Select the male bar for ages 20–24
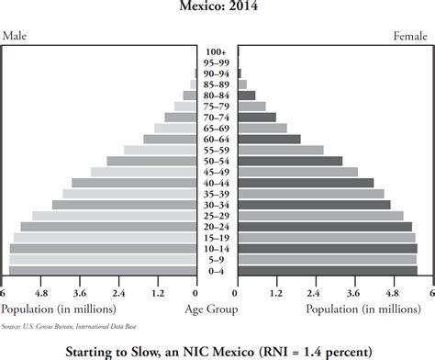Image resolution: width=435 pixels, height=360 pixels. (x=108, y=227)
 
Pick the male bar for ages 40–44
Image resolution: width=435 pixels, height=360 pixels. (x=134, y=183)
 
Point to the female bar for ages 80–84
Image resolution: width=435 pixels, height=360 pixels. (x=247, y=95)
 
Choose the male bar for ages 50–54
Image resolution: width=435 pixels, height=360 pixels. (x=151, y=161)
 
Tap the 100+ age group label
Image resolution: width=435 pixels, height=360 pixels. (x=217, y=51)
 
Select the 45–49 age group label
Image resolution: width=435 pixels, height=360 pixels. (x=217, y=172)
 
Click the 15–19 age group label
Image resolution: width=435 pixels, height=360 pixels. (x=217, y=238)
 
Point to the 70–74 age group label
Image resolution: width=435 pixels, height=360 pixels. (x=217, y=117)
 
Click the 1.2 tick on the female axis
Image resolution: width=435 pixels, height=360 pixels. (x=275, y=293)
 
